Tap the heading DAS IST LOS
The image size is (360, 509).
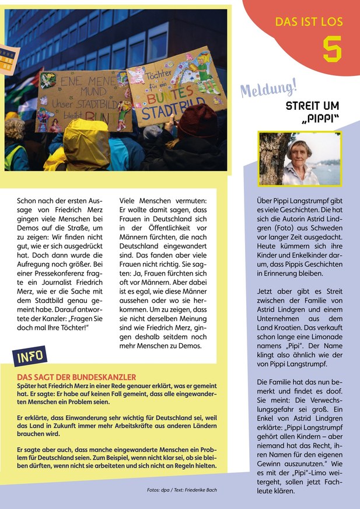point(309,23)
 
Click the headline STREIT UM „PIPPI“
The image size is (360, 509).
point(312,113)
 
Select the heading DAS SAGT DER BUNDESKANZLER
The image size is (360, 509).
point(76,378)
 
